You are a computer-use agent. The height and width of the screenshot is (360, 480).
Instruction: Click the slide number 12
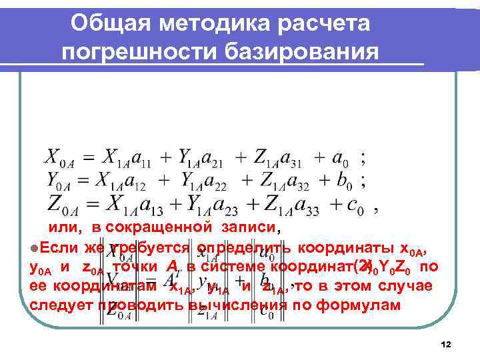pos(446,344)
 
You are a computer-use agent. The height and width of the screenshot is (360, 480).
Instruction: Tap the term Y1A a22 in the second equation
pos(199,181)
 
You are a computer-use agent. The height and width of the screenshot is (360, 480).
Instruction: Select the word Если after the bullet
pos(59,248)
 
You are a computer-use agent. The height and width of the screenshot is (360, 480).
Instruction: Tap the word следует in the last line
pos(57,306)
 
